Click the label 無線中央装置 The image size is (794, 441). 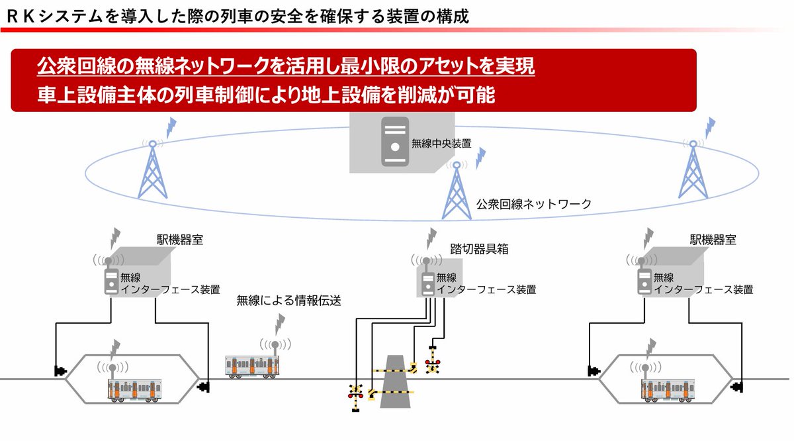pyautogui.click(x=441, y=142)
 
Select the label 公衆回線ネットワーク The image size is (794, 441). pyautogui.click(x=533, y=203)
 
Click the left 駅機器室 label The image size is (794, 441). pyautogui.click(x=179, y=240)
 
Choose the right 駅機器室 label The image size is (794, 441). pyautogui.click(x=713, y=240)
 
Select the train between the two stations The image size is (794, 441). pyautogui.click(x=252, y=367)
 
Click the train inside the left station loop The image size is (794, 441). pyautogui.click(x=134, y=390)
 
